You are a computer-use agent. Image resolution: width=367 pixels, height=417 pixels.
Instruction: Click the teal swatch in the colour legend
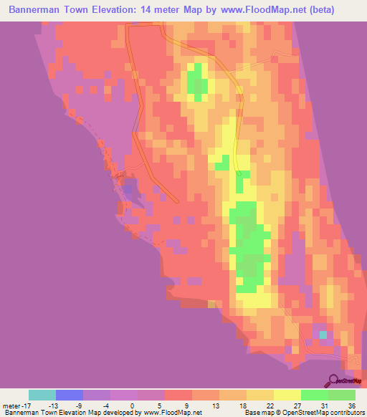click(x=42, y=395)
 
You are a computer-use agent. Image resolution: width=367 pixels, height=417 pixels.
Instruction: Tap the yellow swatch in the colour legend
click(x=287, y=395)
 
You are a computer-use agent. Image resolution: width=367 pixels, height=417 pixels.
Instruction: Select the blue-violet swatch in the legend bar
click(x=70, y=395)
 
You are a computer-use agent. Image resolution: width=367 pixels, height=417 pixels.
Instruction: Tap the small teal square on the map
click(x=323, y=335)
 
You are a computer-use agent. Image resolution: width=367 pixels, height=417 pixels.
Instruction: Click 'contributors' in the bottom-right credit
click(x=343, y=413)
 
